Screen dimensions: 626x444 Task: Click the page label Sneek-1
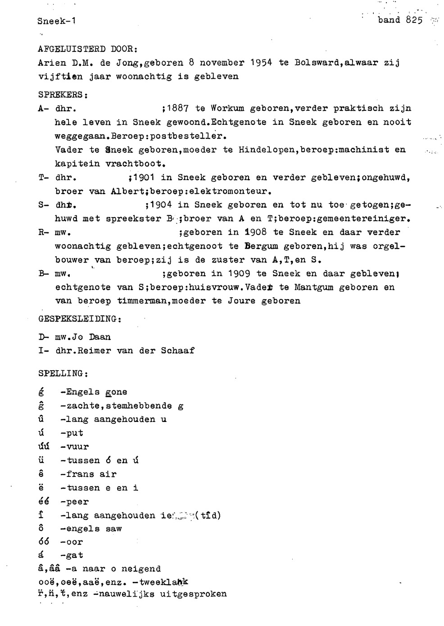pos(56,21)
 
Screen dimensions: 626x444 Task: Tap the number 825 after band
pos(413,20)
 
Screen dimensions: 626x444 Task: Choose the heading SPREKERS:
pos(63,95)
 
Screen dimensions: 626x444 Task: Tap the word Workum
pos(227,109)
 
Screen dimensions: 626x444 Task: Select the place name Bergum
pos(261,246)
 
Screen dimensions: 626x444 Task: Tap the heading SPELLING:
pos(63,374)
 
